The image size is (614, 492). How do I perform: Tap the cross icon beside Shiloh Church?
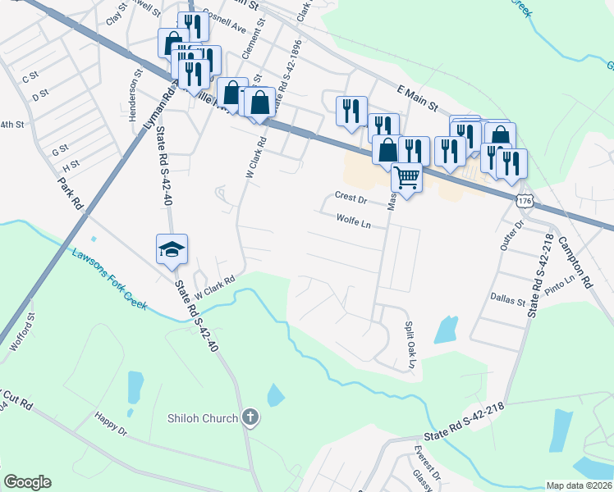pos(251,418)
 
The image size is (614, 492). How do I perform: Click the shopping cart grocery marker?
pos(406,176)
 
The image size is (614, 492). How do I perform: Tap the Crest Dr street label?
pos(350,197)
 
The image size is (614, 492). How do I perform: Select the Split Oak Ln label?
pos(410,344)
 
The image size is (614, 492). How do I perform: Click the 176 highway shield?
pos(526,200)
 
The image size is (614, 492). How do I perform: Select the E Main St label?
pos(419,99)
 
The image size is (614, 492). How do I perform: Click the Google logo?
pos(28,482)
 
